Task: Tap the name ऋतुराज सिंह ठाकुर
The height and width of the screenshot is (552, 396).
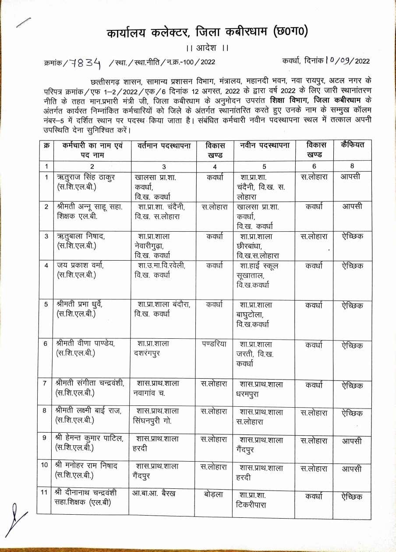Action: click(86, 178)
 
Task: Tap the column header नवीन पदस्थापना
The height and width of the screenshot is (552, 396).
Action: click(265, 145)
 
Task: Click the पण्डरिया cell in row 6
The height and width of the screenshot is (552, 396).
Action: click(214, 344)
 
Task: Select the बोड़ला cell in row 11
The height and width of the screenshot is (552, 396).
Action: click(213, 495)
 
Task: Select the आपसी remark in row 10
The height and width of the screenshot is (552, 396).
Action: click(352, 469)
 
